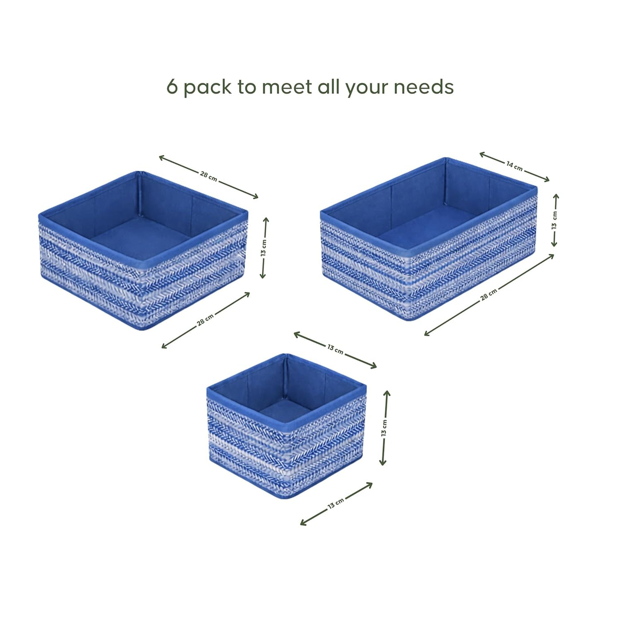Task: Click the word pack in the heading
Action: [208, 87]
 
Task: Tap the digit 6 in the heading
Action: [172, 86]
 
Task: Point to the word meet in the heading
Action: [287, 86]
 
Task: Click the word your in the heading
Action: [367, 88]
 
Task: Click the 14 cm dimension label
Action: [515, 166]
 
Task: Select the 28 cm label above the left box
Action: [208, 176]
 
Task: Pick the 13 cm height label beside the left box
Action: [264, 248]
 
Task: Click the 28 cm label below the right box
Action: [489, 294]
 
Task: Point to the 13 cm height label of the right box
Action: [555, 220]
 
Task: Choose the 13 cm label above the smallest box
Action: [335, 349]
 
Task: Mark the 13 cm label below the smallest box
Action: [336, 503]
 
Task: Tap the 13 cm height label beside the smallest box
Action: [384, 428]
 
